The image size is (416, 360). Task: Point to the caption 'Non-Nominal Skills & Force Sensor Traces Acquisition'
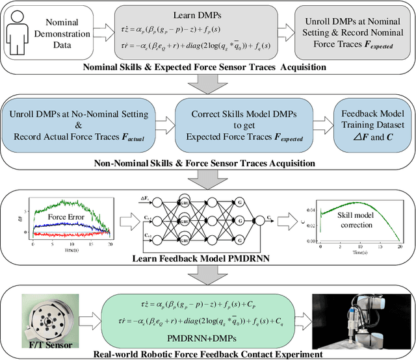click(x=207, y=163)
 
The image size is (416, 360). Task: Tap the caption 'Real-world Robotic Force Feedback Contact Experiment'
click(x=207, y=354)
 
